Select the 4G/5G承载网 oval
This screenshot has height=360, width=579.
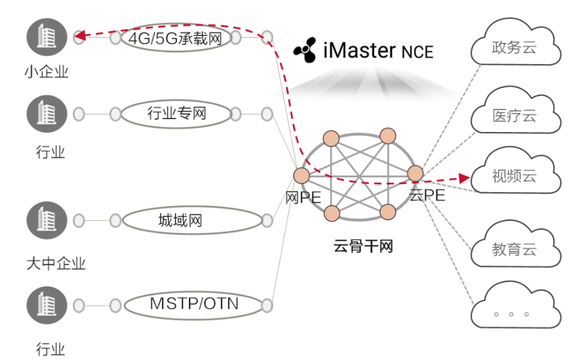tap(175, 38)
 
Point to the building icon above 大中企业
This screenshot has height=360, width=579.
tap(47, 221)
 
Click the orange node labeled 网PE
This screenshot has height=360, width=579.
tap(302, 175)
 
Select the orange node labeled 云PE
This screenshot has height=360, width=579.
tap(415, 173)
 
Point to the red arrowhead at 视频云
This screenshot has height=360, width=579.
tap(464, 177)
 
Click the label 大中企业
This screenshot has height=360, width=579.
tap(56, 263)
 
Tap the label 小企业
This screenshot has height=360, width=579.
tap(47, 72)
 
